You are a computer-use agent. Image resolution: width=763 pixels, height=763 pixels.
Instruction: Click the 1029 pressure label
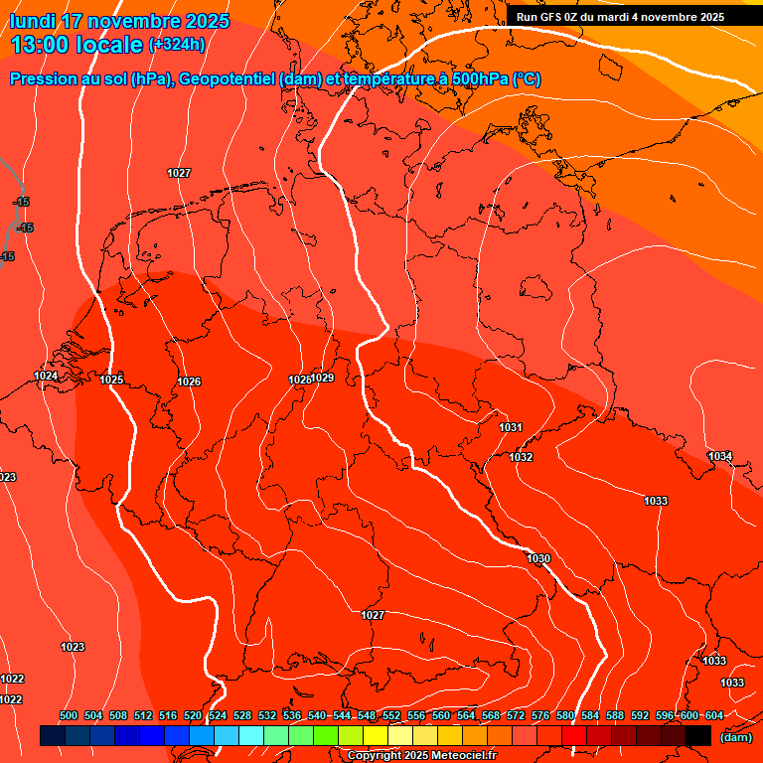click(323, 379)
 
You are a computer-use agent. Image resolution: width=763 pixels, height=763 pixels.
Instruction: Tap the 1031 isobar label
click(511, 428)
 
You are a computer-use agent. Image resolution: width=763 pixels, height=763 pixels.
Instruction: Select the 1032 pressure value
click(521, 458)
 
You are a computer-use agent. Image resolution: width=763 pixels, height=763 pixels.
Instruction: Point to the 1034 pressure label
click(720, 457)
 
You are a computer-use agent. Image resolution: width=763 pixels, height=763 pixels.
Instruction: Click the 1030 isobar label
click(538, 559)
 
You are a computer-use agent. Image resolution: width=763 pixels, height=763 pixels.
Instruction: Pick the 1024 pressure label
click(46, 377)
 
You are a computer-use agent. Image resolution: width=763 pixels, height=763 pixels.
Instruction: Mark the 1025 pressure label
click(111, 381)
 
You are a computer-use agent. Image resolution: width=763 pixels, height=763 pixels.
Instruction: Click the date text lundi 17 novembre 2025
click(119, 21)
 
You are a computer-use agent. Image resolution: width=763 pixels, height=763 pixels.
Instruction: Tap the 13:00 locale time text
click(77, 45)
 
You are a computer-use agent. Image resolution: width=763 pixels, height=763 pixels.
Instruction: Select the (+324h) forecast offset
click(177, 45)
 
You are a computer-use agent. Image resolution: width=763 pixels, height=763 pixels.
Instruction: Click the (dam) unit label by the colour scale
click(735, 737)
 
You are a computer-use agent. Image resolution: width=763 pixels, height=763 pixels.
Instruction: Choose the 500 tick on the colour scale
click(69, 715)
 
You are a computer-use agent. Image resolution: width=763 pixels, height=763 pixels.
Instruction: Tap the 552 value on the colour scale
click(391, 715)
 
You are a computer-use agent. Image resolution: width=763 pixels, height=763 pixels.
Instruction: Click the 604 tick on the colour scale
click(714, 715)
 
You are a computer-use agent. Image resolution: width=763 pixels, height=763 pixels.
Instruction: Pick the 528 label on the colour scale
click(242, 715)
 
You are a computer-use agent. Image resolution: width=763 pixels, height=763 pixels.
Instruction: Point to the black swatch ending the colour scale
click(698, 736)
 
